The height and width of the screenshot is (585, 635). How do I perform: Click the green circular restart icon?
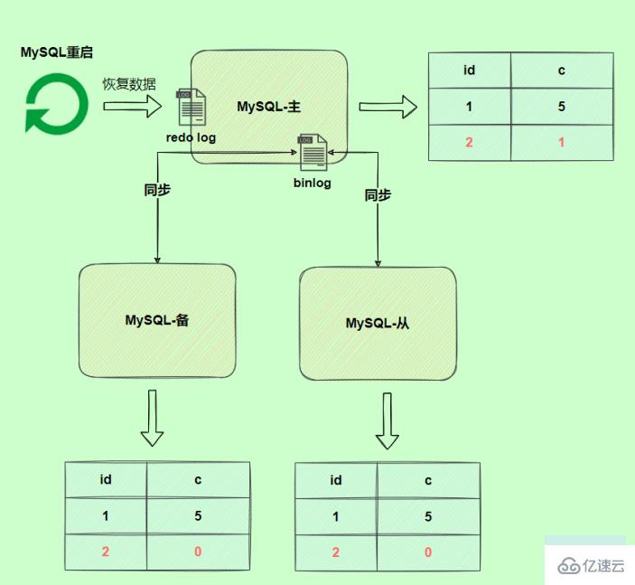(x=56, y=104)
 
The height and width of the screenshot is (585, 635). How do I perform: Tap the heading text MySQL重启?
(x=57, y=52)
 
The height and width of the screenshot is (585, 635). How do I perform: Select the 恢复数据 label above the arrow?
(x=128, y=84)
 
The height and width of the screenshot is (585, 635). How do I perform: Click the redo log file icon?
(x=191, y=107)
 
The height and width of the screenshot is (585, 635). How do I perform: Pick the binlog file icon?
(x=313, y=152)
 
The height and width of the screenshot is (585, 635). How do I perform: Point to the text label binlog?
(x=312, y=183)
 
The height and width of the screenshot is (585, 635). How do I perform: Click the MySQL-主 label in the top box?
(x=268, y=107)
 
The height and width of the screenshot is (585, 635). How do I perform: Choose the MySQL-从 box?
(x=378, y=323)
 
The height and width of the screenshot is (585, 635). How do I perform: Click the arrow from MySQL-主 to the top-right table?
(x=388, y=108)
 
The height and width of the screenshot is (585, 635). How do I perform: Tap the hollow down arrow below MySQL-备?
(x=152, y=418)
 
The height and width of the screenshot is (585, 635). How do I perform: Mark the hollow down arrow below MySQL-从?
(x=388, y=420)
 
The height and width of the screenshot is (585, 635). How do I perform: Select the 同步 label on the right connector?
(x=378, y=195)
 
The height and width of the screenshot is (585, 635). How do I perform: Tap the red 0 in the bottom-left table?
(x=198, y=552)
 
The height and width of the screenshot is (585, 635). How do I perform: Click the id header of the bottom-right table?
(x=336, y=480)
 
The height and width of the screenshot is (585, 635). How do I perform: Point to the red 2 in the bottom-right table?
(x=336, y=552)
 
